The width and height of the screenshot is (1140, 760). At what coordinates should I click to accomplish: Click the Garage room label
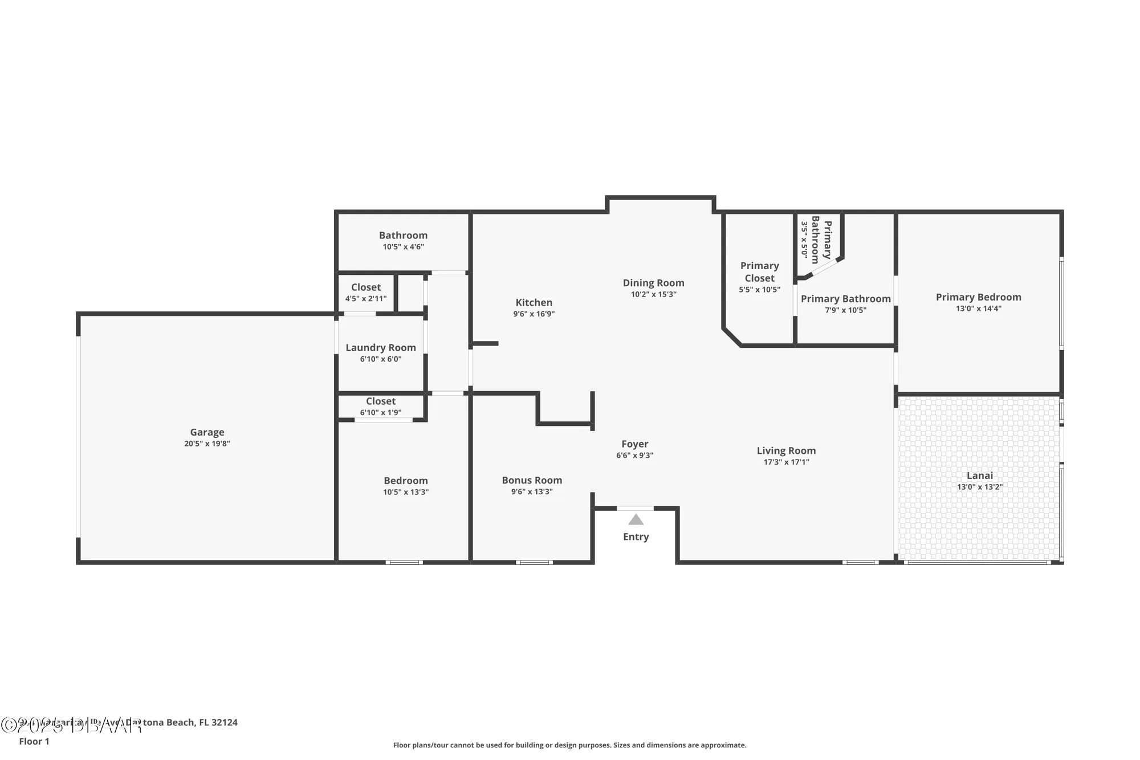click(207, 432)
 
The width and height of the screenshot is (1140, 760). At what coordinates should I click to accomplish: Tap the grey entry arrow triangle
click(636, 519)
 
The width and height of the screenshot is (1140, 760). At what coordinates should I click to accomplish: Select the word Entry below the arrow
click(636, 537)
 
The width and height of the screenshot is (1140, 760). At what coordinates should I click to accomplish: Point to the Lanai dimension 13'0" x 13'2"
click(979, 487)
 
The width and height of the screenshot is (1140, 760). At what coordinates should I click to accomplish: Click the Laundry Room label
click(380, 347)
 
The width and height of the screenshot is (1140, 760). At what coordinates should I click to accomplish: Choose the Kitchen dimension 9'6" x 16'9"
click(534, 314)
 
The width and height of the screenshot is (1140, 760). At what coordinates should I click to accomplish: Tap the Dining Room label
click(653, 283)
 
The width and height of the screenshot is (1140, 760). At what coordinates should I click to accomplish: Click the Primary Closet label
click(759, 272)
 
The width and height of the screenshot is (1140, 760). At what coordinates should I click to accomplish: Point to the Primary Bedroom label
click(978, 297)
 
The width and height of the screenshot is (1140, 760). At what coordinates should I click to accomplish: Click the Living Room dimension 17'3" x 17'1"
click(786, 462)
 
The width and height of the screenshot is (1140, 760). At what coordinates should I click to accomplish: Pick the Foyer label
click(634, 444)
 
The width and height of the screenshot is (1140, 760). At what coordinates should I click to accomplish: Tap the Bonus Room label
click(532, 480)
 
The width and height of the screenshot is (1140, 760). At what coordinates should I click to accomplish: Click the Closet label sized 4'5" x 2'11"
click(365, 287)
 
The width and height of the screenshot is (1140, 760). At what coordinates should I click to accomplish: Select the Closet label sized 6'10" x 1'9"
click(380, 401)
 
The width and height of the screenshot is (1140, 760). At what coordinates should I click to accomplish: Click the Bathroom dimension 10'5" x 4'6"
click(403, 247)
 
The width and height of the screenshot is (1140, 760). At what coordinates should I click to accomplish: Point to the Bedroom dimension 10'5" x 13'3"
click(405, 492)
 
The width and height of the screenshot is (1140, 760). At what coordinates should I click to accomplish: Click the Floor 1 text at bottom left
click(34, 741)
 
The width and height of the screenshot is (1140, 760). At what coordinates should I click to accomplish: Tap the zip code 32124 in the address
click(224, 722)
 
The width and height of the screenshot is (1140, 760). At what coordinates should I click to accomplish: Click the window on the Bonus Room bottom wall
click(534, 562)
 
